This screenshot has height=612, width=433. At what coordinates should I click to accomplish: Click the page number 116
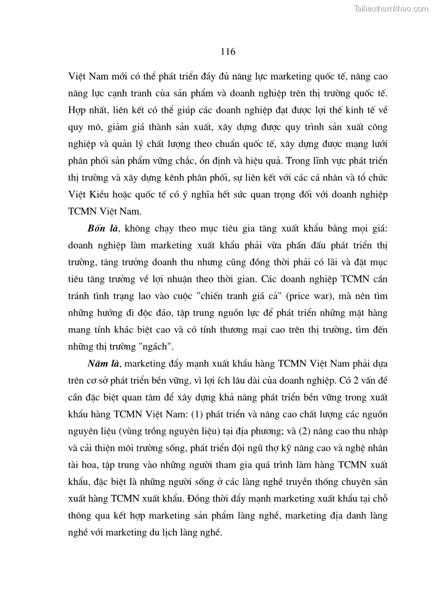(228, 52)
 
